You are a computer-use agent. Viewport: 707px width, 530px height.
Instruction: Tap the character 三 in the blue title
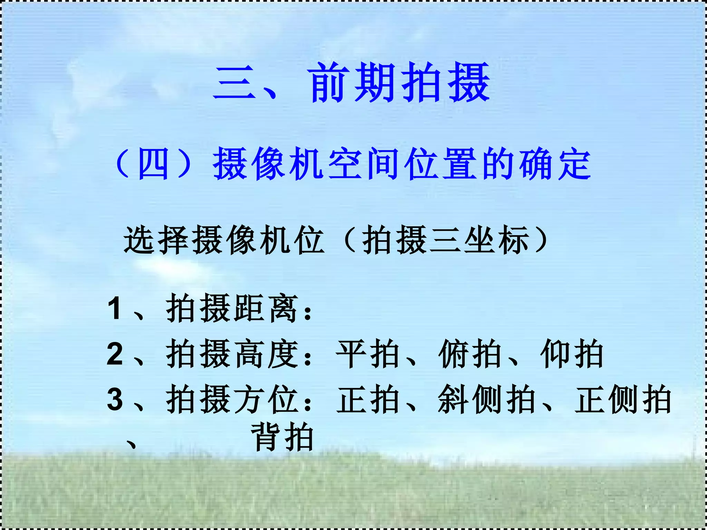point(235,83)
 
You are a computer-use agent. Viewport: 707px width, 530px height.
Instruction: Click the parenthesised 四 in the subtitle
point(153,164)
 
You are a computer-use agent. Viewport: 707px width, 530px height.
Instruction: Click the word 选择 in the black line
point(157,240)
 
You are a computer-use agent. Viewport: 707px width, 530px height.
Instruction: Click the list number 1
point(114,308)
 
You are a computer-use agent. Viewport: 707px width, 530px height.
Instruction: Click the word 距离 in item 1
point(266,308)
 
